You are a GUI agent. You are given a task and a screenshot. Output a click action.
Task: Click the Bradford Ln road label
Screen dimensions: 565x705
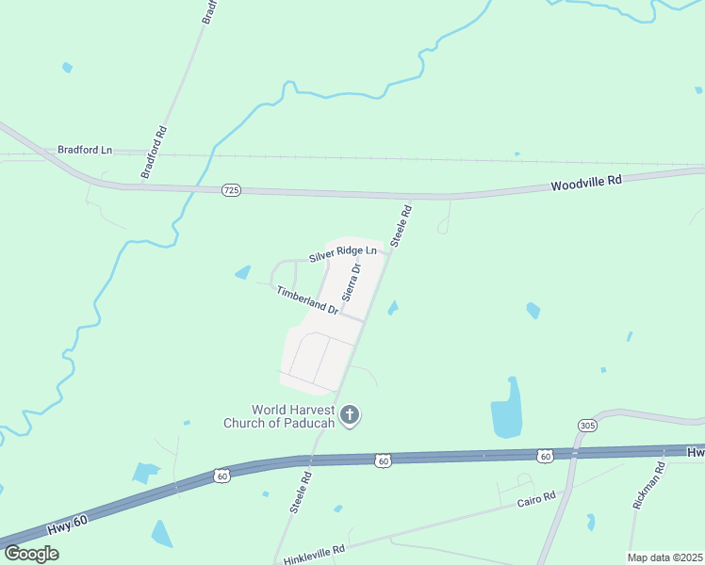85,150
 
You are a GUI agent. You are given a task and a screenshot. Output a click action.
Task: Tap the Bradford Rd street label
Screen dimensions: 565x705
154,153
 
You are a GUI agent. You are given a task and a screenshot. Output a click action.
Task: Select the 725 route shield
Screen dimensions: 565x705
232,190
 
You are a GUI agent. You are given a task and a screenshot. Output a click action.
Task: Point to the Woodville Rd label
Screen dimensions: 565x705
586,182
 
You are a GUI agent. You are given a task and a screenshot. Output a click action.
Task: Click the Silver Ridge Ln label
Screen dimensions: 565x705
342,254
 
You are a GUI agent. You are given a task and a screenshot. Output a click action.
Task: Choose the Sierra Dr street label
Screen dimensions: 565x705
352,282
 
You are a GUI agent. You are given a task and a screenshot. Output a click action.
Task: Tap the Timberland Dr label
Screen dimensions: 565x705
307,300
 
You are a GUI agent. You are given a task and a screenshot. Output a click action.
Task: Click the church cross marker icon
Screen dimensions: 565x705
350,414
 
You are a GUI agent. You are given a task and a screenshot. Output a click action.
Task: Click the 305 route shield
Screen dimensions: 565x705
588,426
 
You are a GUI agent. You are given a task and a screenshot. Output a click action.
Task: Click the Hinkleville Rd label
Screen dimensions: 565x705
315,553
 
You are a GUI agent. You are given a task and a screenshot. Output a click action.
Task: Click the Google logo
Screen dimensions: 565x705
31,553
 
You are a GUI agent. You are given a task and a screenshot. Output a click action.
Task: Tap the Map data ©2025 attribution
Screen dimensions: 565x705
664,557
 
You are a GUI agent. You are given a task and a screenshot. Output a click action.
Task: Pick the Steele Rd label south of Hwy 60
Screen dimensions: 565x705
300,492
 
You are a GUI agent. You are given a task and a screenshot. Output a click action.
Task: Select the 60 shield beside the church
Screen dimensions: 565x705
382,460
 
